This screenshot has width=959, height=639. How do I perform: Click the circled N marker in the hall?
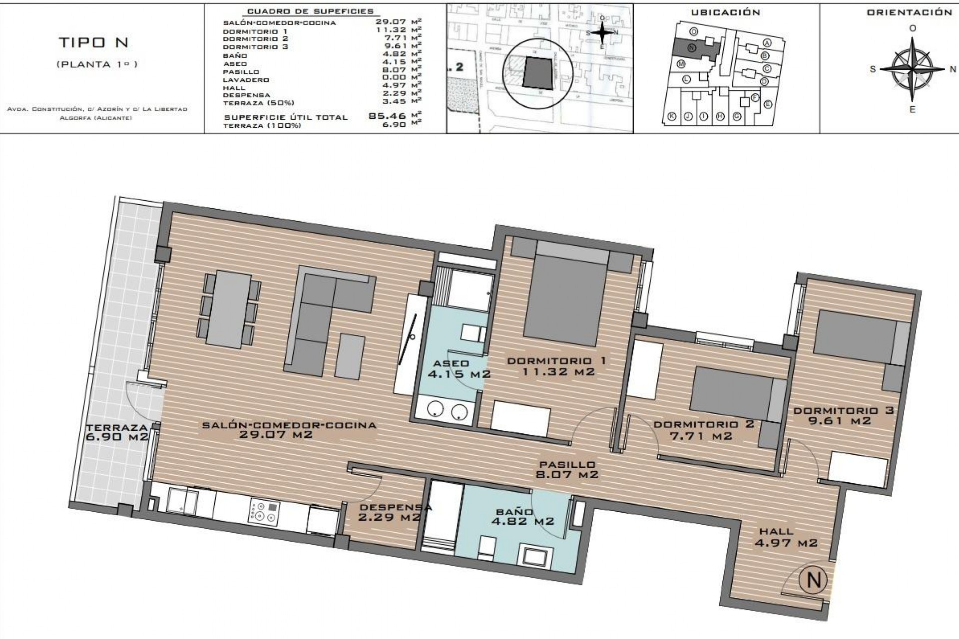tap(814, 580)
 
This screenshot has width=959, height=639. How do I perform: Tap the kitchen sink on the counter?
tap(182, 501)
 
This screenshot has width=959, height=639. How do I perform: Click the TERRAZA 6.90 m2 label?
tap(117, 432)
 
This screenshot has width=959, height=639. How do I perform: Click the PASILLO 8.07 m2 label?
tap(566, 470)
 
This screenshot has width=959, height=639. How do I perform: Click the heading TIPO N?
tap(94, 43)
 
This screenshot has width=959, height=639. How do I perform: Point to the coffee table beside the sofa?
tap(350, 356)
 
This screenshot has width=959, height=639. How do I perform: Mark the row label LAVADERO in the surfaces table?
tap(246, 80)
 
